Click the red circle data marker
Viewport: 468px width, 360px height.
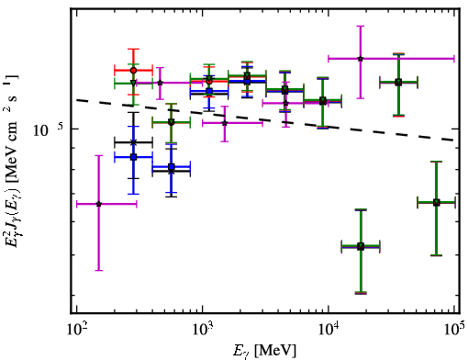pos(133,71)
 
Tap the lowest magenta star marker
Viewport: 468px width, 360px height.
pos(98,204)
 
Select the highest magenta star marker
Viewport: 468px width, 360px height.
pos(361,58)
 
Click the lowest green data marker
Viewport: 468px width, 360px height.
pos(361,246)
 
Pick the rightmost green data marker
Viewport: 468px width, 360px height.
pos(437,202)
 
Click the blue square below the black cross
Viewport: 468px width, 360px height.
pos(133,157)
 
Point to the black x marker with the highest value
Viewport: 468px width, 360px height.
pos(209,78)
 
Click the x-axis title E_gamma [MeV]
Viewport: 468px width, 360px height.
pos(264,351)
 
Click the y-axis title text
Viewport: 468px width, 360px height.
pos(12,159)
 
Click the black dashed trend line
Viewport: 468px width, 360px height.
pos(264,119)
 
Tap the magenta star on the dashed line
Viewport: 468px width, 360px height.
pos(225,123)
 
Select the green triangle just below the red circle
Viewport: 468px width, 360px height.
pos(133,83)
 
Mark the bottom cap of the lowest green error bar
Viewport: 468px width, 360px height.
pos(361,293)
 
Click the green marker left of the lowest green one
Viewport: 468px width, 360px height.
pos(322,101)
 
